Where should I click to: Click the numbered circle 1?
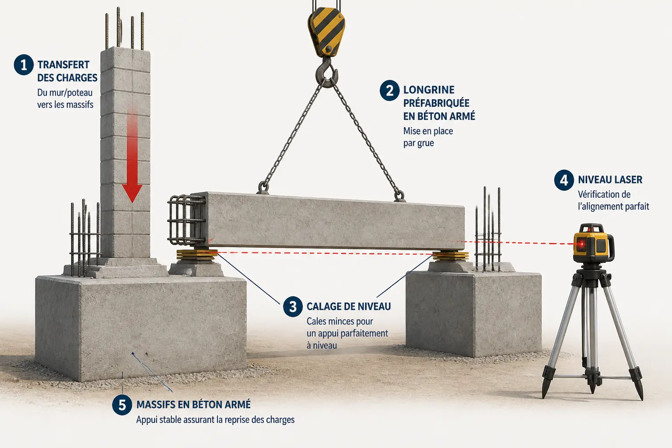(x=24, y=65)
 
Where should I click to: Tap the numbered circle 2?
(x=390, y=90)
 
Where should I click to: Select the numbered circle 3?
(x=293, y=307)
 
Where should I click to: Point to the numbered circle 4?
(x=564, y=180)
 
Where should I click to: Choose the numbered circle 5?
(x=122, y=405)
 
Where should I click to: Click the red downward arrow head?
(x=132, y=193)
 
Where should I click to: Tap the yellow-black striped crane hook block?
(x=326, y=31)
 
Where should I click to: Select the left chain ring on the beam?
(x=263, y=187)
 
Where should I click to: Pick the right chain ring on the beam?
(x=399, y=196)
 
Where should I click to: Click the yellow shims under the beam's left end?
(x=197, y=255)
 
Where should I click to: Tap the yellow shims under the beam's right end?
(x=451, y=256)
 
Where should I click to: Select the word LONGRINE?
(x=429, y=90)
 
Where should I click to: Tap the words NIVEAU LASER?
(x=610, y=180)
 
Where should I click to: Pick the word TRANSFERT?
(x=63, y=65)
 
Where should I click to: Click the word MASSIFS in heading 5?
(x=155, y=405)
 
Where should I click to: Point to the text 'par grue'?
(x=419, y=143)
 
